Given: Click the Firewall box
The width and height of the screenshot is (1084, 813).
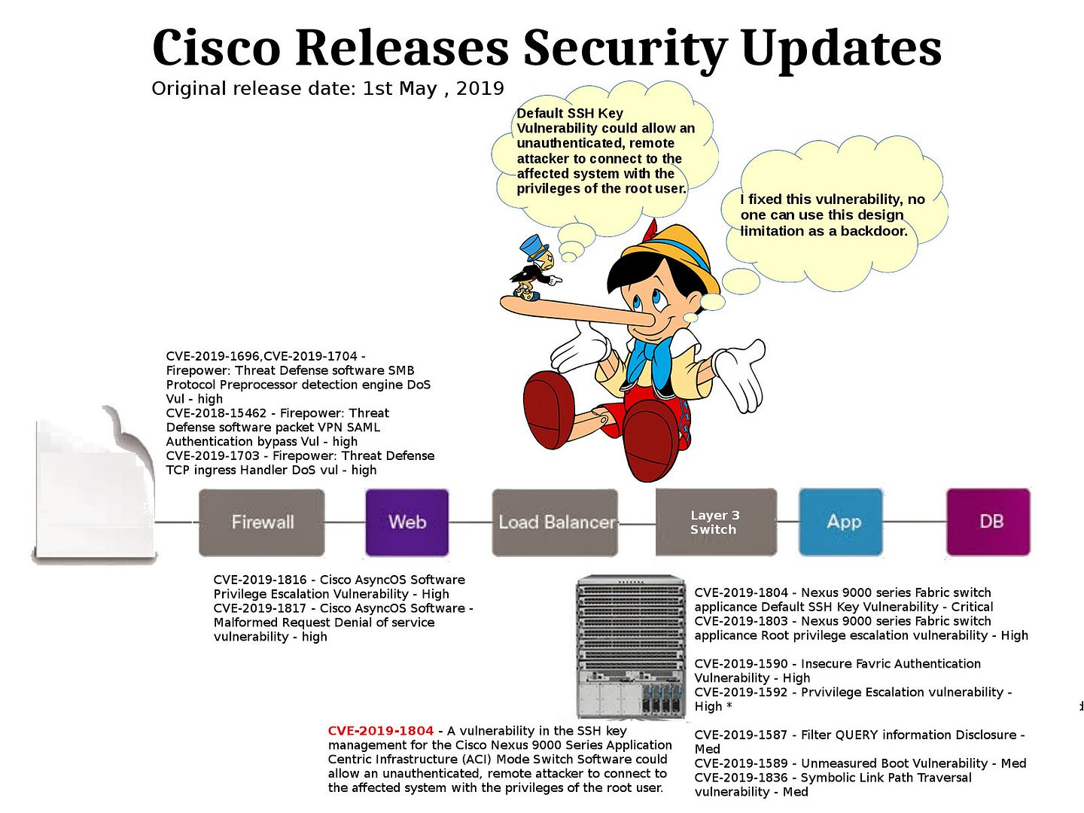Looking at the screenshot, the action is [261, 522].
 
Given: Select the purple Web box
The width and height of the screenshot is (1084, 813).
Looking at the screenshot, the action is [407, 522].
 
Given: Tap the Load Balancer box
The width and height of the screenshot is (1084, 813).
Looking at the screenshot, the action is [555, 522].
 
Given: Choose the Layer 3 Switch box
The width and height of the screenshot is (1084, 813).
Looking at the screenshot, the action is [716, 522].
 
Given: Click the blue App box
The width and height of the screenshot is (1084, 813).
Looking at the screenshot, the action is [841, 522].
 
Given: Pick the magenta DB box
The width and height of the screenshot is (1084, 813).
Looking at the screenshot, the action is [988, 522].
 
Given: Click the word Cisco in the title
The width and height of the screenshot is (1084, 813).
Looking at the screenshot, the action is [216, 48].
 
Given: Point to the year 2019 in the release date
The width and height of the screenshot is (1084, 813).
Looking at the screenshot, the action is [480, 89].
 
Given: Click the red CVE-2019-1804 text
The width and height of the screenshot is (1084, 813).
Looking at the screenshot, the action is [381, 730].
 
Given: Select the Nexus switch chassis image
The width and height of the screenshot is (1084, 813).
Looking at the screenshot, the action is [631, 646].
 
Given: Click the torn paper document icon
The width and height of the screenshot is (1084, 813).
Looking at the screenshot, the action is [94, 486].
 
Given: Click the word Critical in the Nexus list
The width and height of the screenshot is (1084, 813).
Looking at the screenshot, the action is [972, 607].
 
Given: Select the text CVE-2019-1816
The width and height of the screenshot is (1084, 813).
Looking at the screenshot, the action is [260, 580].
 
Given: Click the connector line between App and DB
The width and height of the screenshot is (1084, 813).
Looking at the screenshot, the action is [915, 521].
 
